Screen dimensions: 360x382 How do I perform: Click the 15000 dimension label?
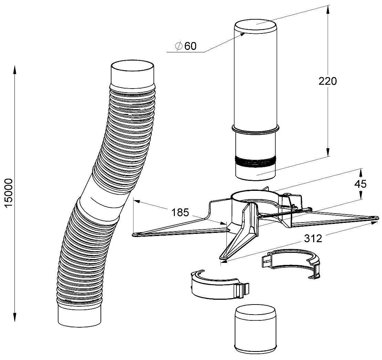click(x=9, y=193)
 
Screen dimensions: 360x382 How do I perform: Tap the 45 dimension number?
click(x=360, y=184)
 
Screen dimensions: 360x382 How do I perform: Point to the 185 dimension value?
click(x=180, y=213)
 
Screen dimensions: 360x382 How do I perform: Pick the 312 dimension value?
click(x=313, y=238)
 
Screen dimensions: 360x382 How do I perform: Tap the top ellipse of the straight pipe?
click(x=256, y=26)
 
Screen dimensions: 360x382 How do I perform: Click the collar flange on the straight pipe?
click(x=255, y=131)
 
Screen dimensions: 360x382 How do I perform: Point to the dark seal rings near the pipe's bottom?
click(x=255, y=161)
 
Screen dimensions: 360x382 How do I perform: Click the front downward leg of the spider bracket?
click(x=240, y=234)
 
